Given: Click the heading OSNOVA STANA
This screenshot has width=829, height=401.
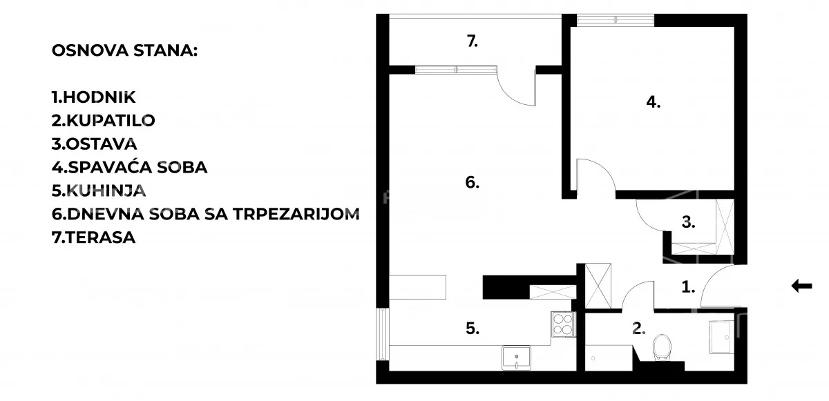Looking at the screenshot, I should (x=124, y=52).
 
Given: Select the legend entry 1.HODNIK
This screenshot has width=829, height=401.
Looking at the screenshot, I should (x=93, y=97).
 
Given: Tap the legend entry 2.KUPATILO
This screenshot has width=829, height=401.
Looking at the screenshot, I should (x=103, y=121).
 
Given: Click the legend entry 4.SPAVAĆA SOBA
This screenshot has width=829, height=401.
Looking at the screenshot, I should (x=129, y=168).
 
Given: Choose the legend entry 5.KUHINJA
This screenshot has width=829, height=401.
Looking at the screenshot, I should (x=99, y=191).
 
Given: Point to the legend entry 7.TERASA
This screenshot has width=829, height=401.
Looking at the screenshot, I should (x=93, y=238).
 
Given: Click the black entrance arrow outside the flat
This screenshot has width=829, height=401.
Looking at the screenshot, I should (x=801, y=286).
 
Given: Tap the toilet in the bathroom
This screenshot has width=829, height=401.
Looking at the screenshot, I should (x=661, y=347).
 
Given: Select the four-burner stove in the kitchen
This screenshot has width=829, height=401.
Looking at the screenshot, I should (x=563, y=324).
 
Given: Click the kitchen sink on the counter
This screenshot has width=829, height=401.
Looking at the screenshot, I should (x=516, y=357).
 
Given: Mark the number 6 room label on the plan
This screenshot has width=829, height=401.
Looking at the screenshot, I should (x=472, y=183).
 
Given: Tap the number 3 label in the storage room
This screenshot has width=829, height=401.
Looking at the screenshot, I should (x=688, y=222).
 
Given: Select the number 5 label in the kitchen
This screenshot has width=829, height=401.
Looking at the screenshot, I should (x=472, y=329).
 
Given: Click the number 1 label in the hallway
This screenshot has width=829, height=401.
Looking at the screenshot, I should (x=688, y=286).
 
